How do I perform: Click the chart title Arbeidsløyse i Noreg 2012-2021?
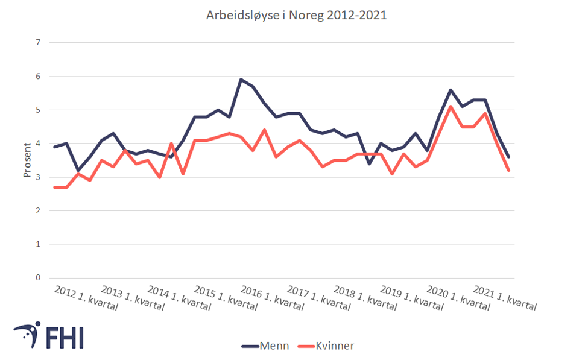296,16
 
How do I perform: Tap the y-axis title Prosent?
27,160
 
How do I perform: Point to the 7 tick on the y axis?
37,43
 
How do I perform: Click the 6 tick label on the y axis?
37,77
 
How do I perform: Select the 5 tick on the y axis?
37,110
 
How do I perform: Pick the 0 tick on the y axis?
37,278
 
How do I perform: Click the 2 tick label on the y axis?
37,211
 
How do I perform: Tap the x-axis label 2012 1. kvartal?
86,297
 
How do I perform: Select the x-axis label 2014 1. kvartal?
179,297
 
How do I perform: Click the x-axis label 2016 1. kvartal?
273,297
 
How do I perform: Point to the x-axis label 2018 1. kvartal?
365,297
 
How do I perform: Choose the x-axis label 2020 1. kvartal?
458,297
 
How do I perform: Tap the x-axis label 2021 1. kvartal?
505,297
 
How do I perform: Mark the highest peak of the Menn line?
241,80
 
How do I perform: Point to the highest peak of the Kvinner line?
451,107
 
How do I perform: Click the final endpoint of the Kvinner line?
508,171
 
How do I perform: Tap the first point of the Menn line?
55,147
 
